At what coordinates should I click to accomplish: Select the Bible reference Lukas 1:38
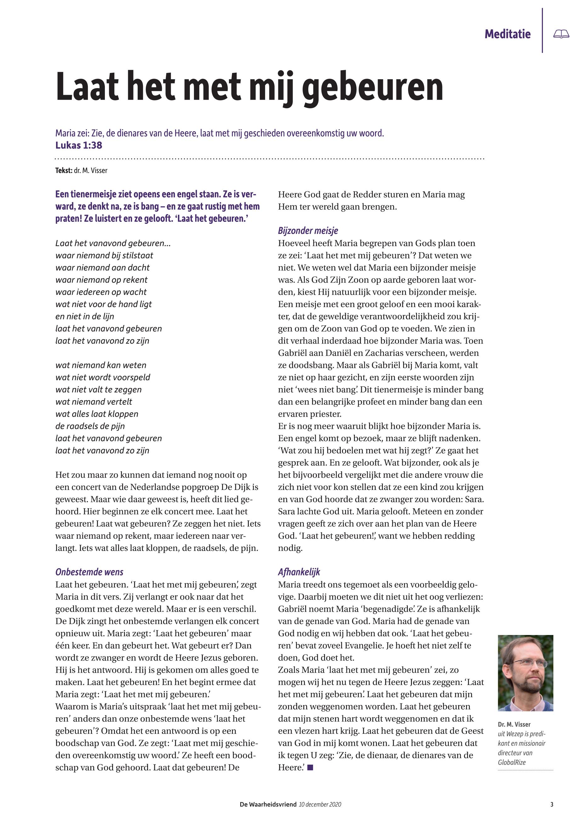(79, 145)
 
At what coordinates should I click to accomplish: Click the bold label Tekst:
(64, 170)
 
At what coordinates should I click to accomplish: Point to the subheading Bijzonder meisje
(308, 231)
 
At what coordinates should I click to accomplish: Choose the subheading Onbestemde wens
(89, 572)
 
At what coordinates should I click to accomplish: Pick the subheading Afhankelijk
(299, 572)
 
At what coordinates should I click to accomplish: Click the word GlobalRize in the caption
(512, 762)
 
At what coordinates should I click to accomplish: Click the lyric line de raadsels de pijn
(90, 426)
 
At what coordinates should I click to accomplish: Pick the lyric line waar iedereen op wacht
(101, 292)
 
